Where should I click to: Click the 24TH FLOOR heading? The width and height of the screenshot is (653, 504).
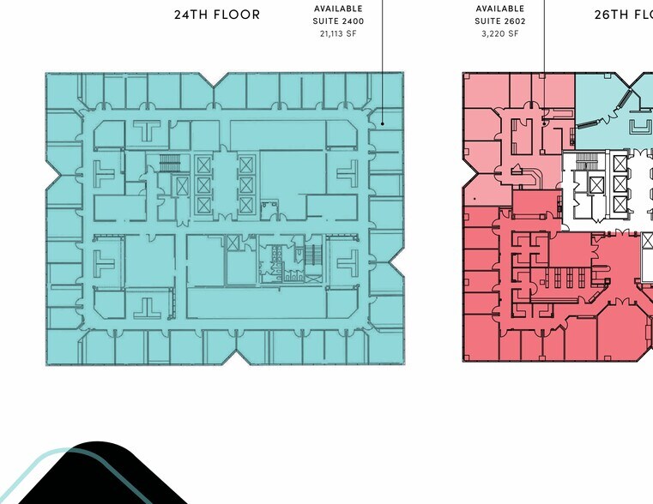coord(217,15)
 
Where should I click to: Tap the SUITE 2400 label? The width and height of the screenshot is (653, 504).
coord(338,21)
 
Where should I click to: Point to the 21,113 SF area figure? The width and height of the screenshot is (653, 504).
coord(338,33)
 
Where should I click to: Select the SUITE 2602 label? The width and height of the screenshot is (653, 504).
coord(500,21)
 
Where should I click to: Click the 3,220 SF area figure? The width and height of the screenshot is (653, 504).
coord(500,33)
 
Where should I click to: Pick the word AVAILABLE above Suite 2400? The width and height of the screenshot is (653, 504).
coord(338,9)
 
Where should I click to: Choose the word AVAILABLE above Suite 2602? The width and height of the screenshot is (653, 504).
coord(500,9)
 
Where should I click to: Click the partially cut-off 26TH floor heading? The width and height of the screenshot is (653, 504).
coord(624,15)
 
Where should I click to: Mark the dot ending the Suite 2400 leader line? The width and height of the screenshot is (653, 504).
coord(383,123)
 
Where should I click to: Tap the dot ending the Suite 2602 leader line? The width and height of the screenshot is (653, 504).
coord(544,123)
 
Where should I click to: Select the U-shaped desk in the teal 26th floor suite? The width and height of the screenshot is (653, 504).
coord(641,127)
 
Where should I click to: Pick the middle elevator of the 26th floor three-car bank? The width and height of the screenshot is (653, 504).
coord(620,183)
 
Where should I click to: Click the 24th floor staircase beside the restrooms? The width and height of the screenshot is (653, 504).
coord(312,255)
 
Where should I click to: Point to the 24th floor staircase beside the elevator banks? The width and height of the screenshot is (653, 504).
coord(170,163)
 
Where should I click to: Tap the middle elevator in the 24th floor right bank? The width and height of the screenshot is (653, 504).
coord(246,185)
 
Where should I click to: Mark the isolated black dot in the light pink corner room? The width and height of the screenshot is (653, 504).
coord(475,199)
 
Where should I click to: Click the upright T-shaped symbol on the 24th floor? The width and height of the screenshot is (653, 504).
coord(147,130)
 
